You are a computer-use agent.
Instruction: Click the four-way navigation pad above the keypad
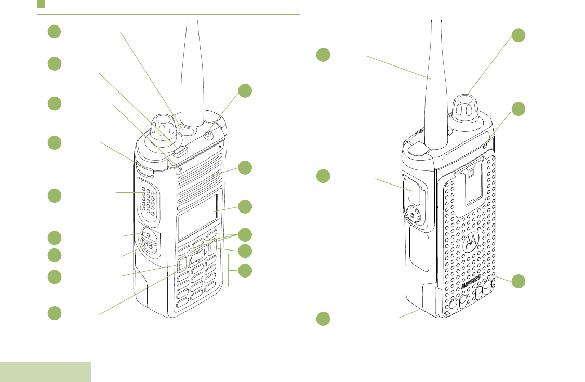pos(197,256)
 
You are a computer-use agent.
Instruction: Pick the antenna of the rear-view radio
pos(434,83)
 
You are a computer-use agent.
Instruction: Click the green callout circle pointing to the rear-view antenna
pos(323,55)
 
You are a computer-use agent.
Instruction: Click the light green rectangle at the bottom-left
pos(46,372)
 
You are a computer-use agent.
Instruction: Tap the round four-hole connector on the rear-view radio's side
pos(414,213)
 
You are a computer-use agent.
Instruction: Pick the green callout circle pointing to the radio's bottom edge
pos(323,318)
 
